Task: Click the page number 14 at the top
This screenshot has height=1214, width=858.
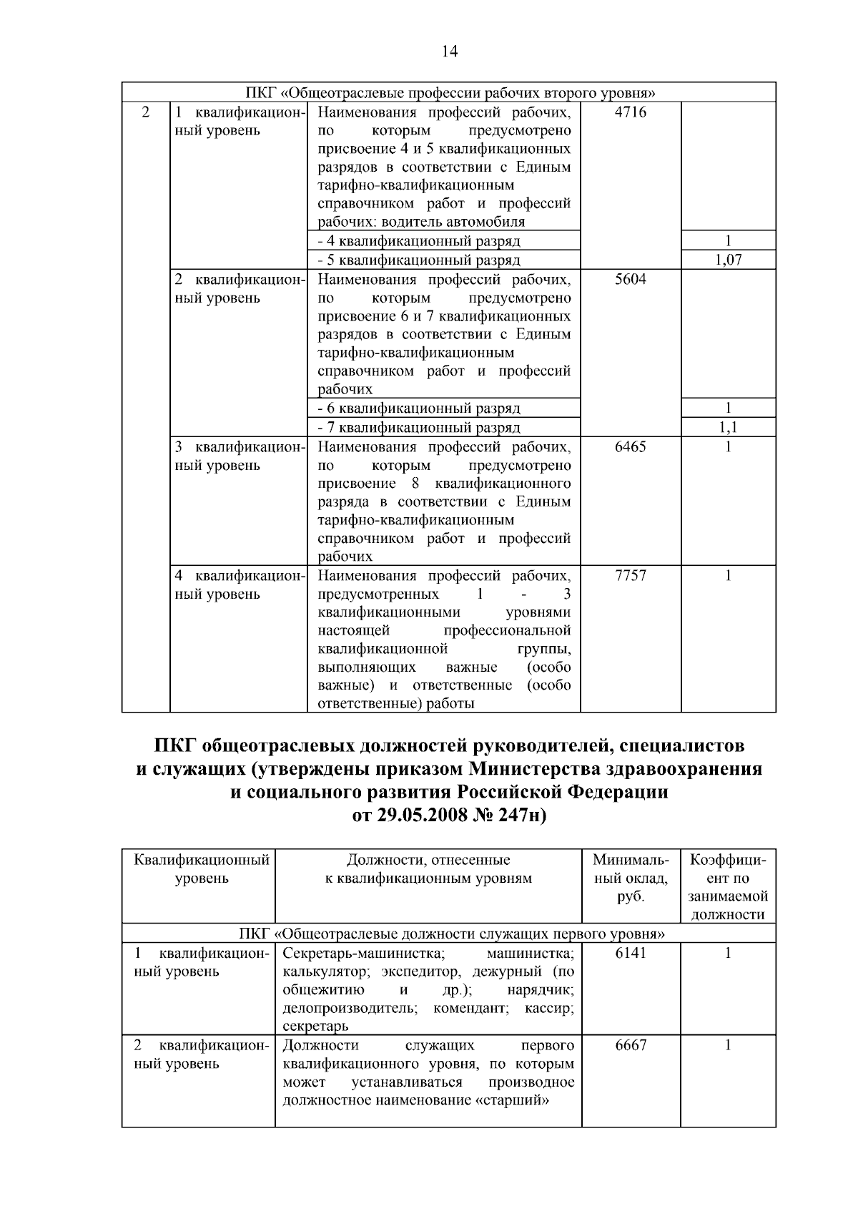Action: [x=449, y=51]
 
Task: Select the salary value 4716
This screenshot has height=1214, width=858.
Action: [x=630, y=112]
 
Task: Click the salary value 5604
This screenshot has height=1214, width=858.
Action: [x=630, y=280]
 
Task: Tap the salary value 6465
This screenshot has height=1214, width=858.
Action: [x=630, y=447]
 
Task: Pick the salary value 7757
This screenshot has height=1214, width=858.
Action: [x=630, y=576]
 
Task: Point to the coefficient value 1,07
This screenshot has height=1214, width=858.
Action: [x=728, y=260]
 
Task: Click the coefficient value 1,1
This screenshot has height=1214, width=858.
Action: [x=728, y=428]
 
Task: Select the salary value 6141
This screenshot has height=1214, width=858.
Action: [x=630, y=954]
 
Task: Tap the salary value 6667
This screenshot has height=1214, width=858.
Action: [x=630, y=1046]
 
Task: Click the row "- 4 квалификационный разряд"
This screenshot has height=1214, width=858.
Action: [x=419, y=241]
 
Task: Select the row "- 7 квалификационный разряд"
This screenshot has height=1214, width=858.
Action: [x=419, y=428]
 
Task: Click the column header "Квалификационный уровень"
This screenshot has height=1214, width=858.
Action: [x=202, y=869]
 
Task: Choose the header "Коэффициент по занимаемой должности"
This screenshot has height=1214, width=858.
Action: [x=728, y=887]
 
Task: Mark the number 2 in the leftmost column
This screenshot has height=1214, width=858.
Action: [x=146, y=112]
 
